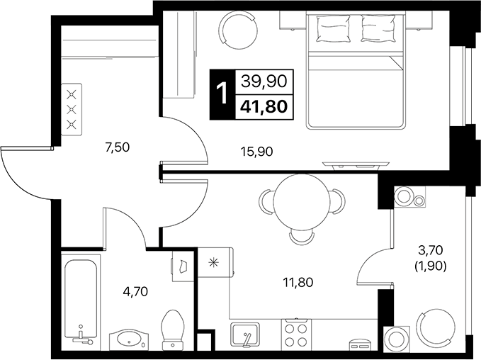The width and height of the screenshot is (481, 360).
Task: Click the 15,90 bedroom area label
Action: [256, 152]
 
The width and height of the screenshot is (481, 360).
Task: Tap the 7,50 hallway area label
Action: [118, 147]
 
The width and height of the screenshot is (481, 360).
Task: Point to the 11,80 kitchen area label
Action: [298, 282]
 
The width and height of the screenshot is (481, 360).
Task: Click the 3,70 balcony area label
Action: [431, 250]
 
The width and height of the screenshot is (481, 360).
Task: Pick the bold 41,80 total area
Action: [264, 107]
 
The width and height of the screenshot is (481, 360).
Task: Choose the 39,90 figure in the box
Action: [264, 81]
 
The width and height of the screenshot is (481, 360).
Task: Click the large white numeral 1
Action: [222, 94]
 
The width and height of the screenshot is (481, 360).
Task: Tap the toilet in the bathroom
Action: [173, 330]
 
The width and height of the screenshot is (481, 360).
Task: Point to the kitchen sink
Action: [245, 334]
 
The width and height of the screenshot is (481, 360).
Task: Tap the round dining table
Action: [302, 201]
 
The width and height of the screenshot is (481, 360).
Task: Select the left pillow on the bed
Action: [334, 28]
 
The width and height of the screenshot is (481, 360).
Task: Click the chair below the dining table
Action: [302, 237]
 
